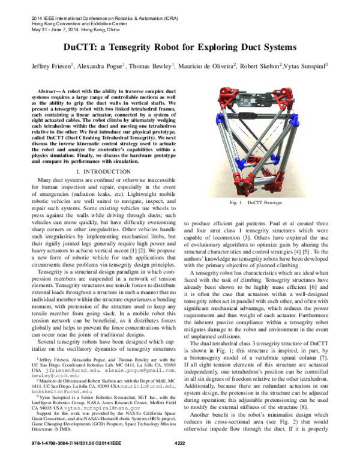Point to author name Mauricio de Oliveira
207,65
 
